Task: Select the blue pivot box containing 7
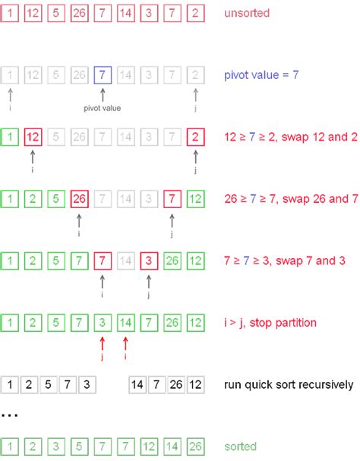click(103, 75)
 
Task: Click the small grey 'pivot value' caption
click(103, 108)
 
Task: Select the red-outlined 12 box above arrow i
click(33, 138)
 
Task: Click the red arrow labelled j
click(103, 346)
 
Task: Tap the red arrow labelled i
click(126, 346)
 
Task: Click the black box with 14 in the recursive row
click(139, 384)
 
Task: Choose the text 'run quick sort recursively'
click(289, 384)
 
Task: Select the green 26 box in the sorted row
click(197, 447)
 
